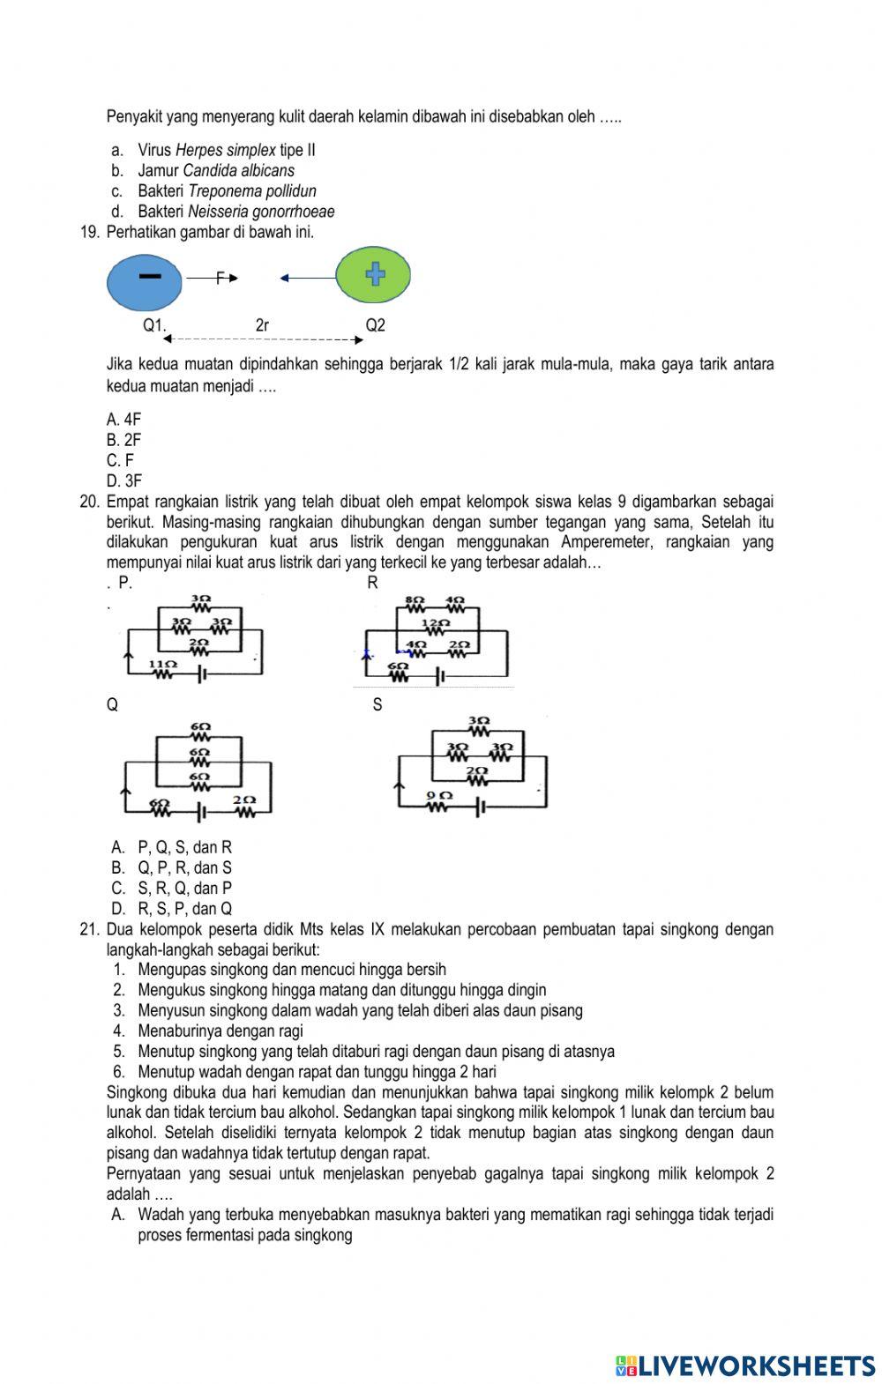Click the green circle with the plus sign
pyautogui.click(x=374, y=276)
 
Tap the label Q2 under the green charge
pyautogui.click(x=375, y=325)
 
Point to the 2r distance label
pyautogui.click(x=262, y=325)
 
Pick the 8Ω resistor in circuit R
pyautogui.click(x=415, y=604)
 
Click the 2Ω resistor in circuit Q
pyautogui.click(x=243, y=806)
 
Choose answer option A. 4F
pyautogui.click(x=123, y=420)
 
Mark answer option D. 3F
pyautogui.click(x=123, y=481)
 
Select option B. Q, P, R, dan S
pyautogui.click(x=172, y=868)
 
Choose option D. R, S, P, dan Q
pyautogui.click(x=172, y=909)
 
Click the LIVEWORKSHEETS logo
pyautogui.click(x=745, y=1365)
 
